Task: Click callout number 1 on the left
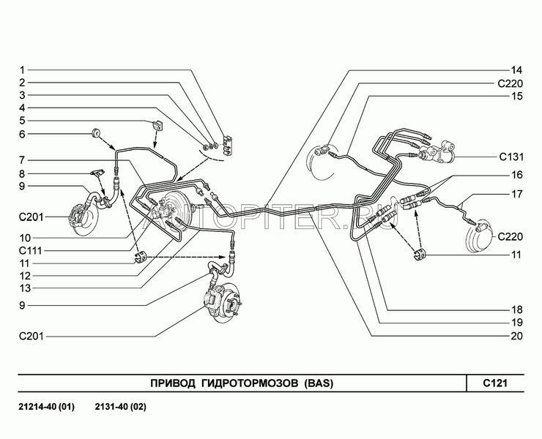coord(22,70)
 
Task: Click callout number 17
coord(516,194)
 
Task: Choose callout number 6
coord(22,134)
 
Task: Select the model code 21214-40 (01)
coord(47,407)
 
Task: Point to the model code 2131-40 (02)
coord(121,407)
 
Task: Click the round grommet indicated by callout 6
coord(95,134)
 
